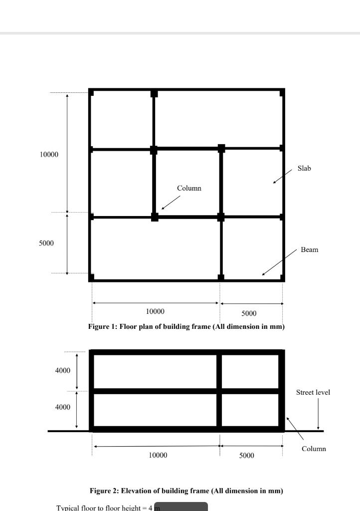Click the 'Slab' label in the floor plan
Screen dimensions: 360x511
click(304, 168)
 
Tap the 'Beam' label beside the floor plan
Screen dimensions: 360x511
click(309, 250)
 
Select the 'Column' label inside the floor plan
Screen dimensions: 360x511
click(189, 188)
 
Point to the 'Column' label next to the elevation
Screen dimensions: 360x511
click(314, 449)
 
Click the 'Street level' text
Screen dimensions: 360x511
click(313, 392)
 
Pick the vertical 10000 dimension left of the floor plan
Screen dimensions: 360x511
click(49, 155)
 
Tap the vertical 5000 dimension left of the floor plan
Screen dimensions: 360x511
click(46, 243)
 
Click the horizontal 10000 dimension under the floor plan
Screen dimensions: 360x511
click(155, 311)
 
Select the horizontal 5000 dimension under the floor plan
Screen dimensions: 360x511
click(249, 313)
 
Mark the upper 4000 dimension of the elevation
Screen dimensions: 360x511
click(62, 370)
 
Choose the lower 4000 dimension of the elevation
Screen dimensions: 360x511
click(62, 407)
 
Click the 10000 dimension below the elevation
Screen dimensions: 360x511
click(158, 455)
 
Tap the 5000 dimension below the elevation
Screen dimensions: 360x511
click(247, 455)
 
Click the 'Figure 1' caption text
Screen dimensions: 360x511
click(186, 326)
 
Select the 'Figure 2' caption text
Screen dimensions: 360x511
click(186, 491)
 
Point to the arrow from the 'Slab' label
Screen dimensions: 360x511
click(283, 176)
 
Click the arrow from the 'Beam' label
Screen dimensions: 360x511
click(279, 262)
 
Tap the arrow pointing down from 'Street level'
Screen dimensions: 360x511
click(318, 414)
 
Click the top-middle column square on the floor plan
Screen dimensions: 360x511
click(154, 93)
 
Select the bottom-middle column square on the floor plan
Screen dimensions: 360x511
click(221, 277)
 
